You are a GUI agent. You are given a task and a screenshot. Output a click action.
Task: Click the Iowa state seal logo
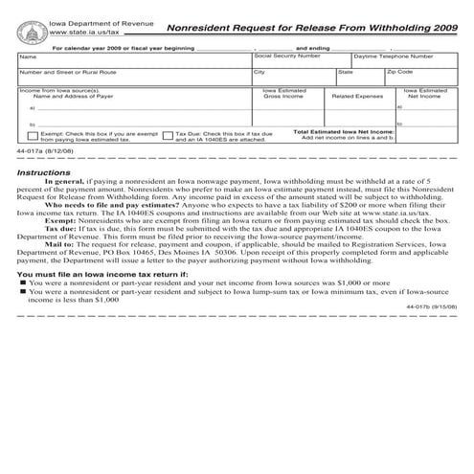[32, 30]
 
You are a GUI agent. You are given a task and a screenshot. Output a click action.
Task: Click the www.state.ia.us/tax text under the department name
[89, 34]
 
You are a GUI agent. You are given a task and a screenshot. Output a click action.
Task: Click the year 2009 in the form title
[438, 29]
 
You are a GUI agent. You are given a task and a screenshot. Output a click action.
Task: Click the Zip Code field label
[400, 72]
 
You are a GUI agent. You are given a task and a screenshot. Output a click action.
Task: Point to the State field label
[346, 72]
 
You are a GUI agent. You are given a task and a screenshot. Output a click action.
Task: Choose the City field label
[260, 72]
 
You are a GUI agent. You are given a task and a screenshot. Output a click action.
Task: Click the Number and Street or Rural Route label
[68, 72]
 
